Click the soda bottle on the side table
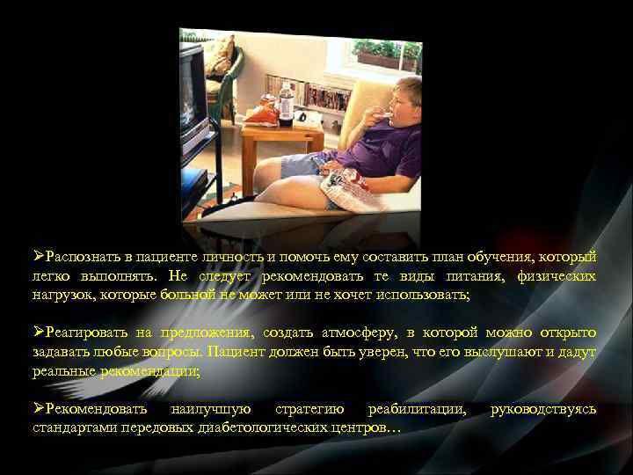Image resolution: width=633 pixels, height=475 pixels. pyautogui.click(x=286, y=102)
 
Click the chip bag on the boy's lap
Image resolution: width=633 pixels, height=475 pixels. pyautogui.click(x=351, y=186)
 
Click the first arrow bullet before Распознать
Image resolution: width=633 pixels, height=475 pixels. pyautogui.click(x=39, y=256)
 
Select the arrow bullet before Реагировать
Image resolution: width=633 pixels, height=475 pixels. pyautogui.click(x=39, y=333)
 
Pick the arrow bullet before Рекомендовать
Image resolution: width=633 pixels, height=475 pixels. pyautogui.click(x=39, y=409)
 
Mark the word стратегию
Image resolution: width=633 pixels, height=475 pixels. pyautogui.click(x=309, y=410)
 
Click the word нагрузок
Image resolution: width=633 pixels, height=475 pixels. pyautogui.click(x=64, y=296)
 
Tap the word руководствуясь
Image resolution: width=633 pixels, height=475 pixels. pyautogui.click(x=542, y=410)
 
